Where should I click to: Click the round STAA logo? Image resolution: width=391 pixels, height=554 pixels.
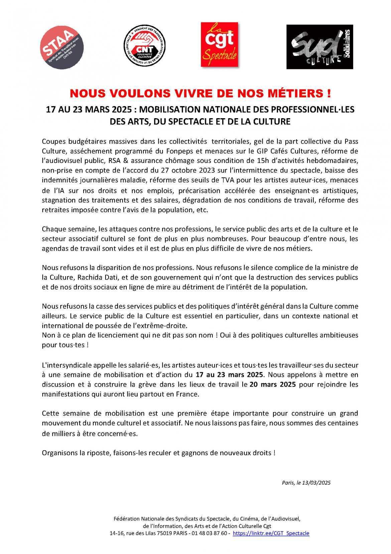[61, 47]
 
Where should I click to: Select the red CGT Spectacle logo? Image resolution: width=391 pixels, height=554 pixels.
[219, 45]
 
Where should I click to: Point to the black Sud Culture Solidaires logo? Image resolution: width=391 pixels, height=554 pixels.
[319, 47]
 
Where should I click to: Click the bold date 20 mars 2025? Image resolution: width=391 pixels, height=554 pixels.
[273, 384]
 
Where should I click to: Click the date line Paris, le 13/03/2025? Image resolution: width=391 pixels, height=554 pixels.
[306, 483]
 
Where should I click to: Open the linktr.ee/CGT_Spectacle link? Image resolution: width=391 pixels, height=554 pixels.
[271, 533]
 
